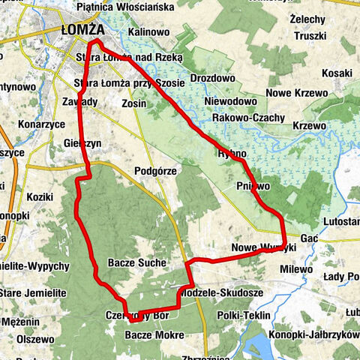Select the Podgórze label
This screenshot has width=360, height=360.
coord(154,171)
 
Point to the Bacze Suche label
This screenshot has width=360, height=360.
coord(133,263)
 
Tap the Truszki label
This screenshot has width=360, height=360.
coord(310,35)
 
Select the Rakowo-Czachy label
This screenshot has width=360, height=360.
coord(248,118)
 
